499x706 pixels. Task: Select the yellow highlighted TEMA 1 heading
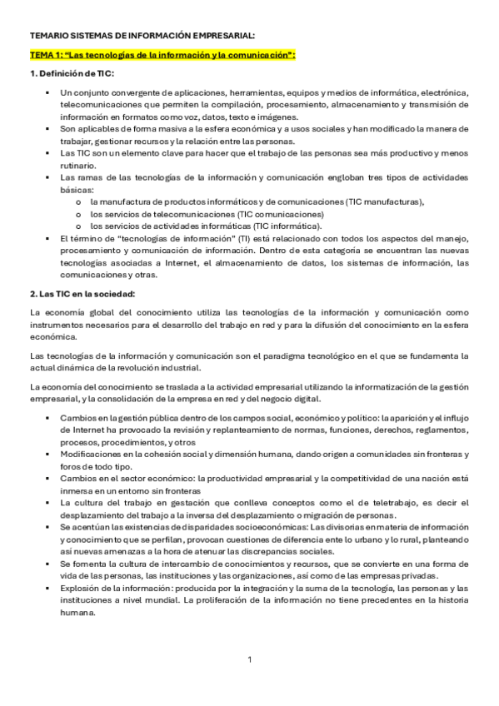coord(162,55)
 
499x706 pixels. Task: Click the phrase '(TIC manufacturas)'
coord(384,201)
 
